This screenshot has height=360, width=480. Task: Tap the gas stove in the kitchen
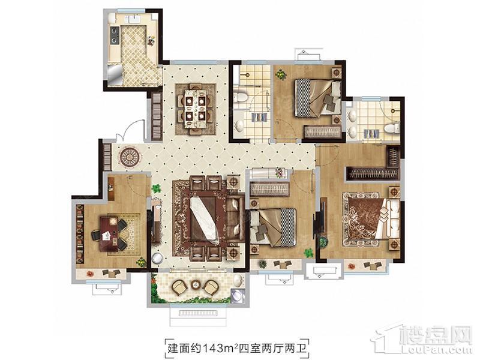coord(115,35)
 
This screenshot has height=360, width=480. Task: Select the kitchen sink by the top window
coord(134,19)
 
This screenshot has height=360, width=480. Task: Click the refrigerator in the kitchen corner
coord(115,74)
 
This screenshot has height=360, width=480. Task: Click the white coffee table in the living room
coord(204,220)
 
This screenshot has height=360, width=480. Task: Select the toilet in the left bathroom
coord(241,98)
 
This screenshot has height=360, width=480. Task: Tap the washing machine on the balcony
coord(238,296)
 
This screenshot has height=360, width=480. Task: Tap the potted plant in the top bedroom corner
coord(280,74)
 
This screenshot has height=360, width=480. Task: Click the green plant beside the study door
coord(156,188)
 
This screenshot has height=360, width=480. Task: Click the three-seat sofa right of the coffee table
coord(235,220)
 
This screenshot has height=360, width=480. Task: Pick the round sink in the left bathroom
coord(239,125)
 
